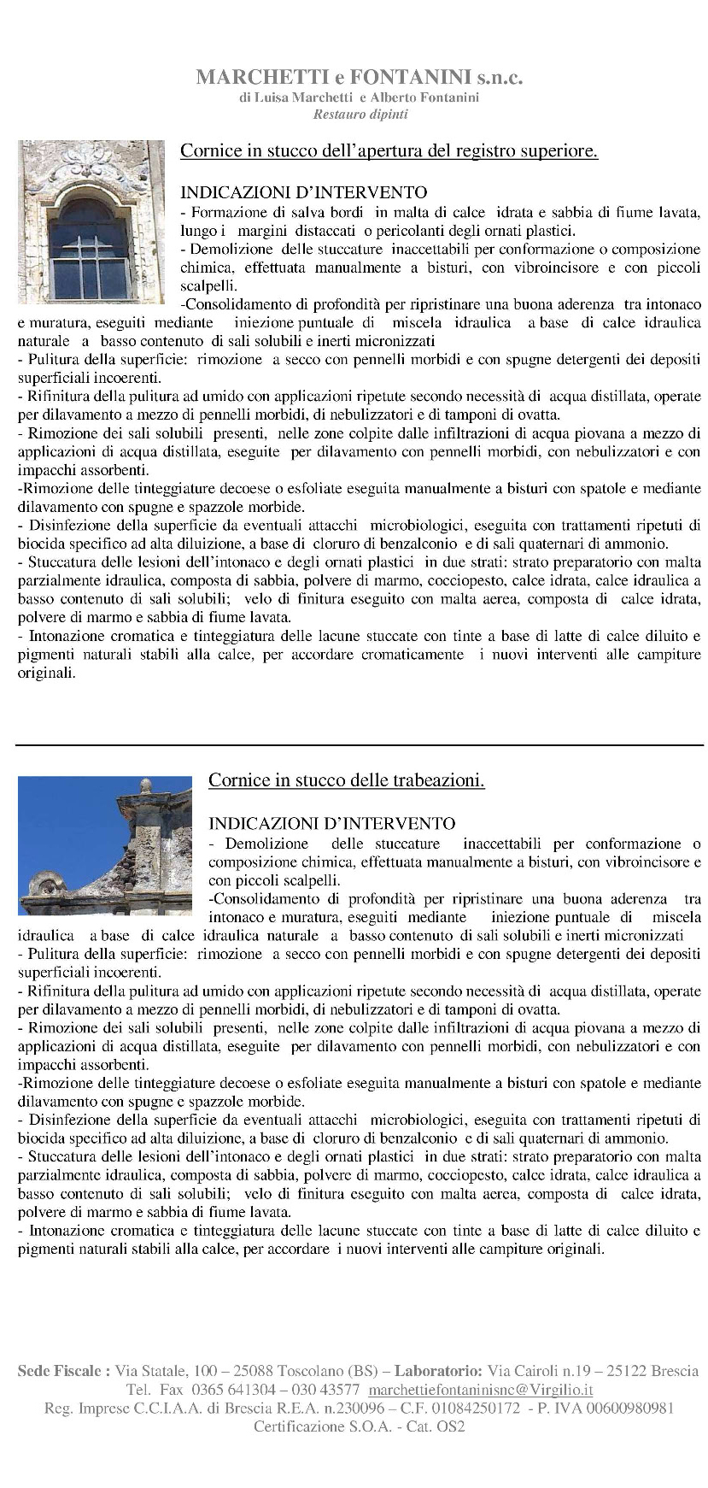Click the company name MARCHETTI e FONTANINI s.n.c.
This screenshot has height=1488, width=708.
point(359,78)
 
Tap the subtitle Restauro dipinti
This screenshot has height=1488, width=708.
point(360,114)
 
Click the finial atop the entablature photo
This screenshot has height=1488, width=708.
point(145,785)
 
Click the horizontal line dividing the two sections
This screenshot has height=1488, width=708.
point(359,745)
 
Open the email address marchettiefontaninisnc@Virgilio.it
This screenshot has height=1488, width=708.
point(480,1390)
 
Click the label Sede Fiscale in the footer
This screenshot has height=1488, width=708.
point(63,1371)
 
